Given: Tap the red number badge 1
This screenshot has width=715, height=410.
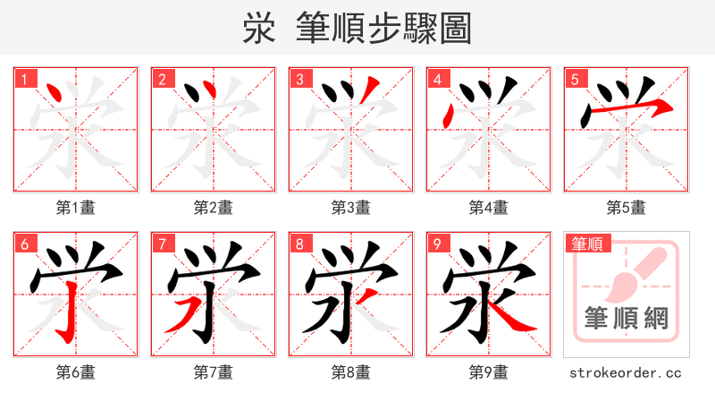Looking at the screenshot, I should pos(22,79).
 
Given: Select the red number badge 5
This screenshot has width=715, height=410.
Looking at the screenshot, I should pos(574,79).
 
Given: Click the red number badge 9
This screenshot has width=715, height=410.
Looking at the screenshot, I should pos(436,243).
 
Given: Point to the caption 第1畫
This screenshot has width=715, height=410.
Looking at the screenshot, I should pos(75,208).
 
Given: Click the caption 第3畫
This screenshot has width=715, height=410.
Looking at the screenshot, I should pos(350,208).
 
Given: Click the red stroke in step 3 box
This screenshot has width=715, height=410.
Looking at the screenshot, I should pos(371,89).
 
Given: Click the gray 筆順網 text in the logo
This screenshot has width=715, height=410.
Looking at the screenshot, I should pos(626,318).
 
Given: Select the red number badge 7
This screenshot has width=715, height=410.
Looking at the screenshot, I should pos(161,243).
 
